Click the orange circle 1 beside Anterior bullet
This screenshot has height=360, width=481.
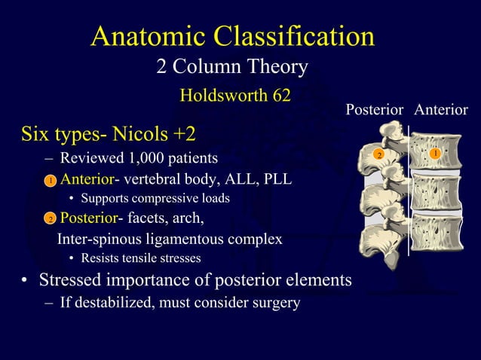pyautogui.click(x=49, y=182)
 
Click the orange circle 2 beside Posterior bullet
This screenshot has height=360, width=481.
pyautogui.click(x=49, y=220)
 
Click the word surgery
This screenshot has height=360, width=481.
pyautogui.click(x=274, y=303)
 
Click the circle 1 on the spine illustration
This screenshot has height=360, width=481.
pyautogui.click(x=435, y=154)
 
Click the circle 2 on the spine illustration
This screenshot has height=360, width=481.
pyautogui.click(x=380, y=155)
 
